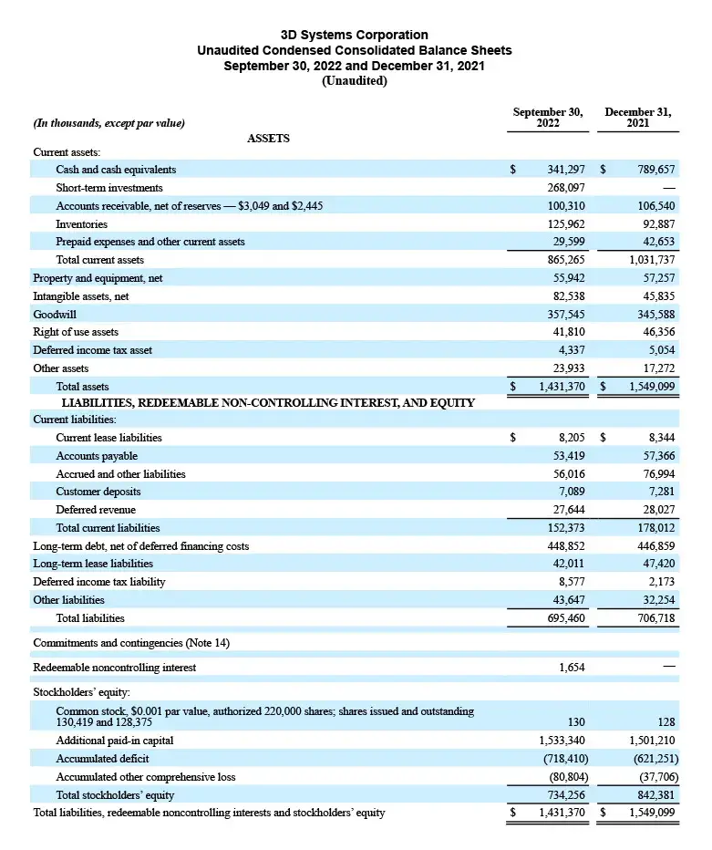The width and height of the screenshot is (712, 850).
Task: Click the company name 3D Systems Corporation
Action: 355,35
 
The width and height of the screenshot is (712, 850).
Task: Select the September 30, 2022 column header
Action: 547,118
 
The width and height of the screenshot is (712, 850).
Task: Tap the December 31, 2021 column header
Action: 637,118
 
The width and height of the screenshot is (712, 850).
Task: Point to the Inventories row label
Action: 81,224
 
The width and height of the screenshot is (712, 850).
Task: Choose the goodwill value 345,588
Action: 653,314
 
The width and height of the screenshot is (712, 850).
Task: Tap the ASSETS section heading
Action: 268,139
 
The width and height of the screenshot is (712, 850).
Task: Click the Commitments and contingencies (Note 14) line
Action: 131,643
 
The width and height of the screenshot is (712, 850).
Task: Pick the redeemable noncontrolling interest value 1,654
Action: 572,668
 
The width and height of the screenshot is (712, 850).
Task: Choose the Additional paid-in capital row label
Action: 114,741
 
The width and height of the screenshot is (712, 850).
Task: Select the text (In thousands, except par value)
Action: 108,123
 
